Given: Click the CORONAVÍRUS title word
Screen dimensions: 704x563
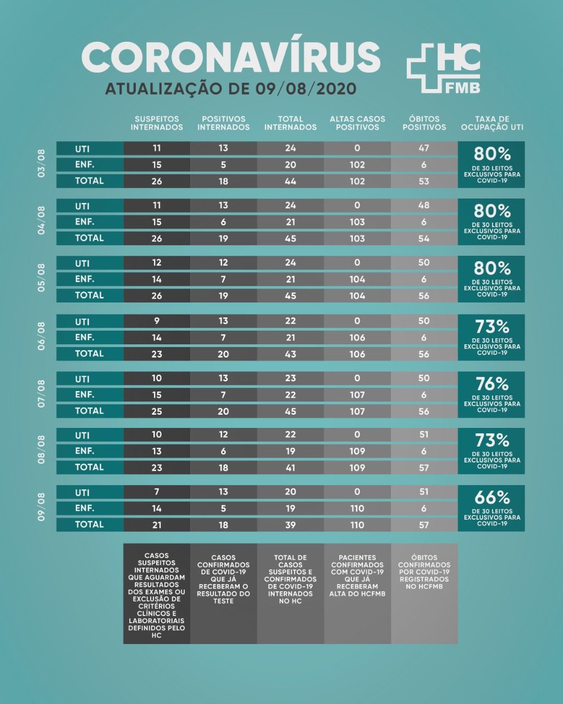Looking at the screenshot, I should pyautogui.click(x=231, y=57).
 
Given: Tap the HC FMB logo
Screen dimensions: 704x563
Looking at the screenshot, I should pyautogui.click(x=443, y=68).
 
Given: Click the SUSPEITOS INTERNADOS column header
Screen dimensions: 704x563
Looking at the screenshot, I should pyautogui.click(x=157, y=123).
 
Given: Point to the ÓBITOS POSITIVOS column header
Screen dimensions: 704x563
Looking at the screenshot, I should pyautogui.click(x=424, y=123).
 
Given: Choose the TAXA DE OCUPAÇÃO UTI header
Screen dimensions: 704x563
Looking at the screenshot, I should pyautogui.click(x=492, y=123).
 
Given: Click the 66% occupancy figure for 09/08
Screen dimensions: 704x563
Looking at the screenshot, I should pyautogui.click(x=492, y=498).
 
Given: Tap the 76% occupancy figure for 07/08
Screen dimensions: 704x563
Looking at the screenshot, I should pyautogui.click(x=492, y=384).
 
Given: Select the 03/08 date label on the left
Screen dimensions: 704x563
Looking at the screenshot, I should pyautogui.click(x=42, y=164).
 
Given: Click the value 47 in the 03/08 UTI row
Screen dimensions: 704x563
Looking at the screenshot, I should pyautogui.click(x=424, y=148).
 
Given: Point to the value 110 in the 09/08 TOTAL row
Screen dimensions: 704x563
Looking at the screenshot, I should pyautogui.click(x=357, y=525).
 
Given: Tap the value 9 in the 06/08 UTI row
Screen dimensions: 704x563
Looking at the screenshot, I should pyautogui.click(x=157, y=321).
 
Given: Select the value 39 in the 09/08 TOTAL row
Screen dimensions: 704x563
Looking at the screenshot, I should pyautogui.click(x=290, y=525).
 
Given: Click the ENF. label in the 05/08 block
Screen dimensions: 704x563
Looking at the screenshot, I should pyautogui.click(x=85, y=279).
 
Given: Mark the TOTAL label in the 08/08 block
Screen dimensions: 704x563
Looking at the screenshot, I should pyautogui.click(x=89, y=467).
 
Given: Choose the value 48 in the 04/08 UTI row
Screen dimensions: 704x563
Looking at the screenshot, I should pyautogui.click(x=424, y=205).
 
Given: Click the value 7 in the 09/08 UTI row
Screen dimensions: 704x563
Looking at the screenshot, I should pyautogui.click(x=157, y=492).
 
